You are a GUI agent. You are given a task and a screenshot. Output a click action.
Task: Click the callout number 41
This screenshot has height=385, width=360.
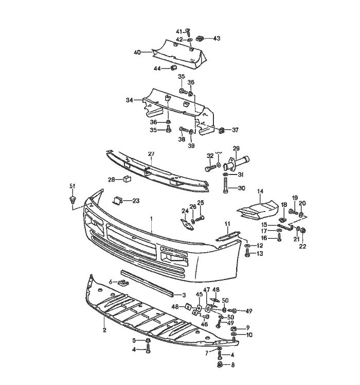[179, 32]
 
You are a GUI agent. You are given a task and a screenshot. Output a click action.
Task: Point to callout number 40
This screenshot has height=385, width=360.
[137, 52]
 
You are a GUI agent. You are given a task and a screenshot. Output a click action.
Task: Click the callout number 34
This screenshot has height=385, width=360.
[130, 100]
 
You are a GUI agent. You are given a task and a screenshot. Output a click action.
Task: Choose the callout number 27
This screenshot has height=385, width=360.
[151, 154]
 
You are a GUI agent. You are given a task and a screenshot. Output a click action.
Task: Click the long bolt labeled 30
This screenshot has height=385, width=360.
[226, 188]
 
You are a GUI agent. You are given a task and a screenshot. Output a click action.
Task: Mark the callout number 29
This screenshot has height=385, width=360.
[236, 148]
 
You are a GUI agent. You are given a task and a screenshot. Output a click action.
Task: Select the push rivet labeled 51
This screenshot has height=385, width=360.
[71, 198]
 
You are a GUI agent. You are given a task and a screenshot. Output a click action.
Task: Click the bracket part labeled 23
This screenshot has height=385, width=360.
[118, 200]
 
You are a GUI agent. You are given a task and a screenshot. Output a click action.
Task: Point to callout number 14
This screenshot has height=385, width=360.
[260, 191]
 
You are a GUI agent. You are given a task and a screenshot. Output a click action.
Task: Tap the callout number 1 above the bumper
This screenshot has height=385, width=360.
[152, 218]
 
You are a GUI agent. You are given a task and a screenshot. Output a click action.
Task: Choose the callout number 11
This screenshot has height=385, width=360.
[226, 223]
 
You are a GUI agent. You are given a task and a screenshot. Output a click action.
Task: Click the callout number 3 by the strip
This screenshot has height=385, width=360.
[184, 295]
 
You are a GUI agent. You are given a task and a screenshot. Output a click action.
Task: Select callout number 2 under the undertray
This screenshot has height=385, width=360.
[104, 329]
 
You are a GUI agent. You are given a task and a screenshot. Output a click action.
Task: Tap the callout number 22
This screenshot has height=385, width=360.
[302, 247]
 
